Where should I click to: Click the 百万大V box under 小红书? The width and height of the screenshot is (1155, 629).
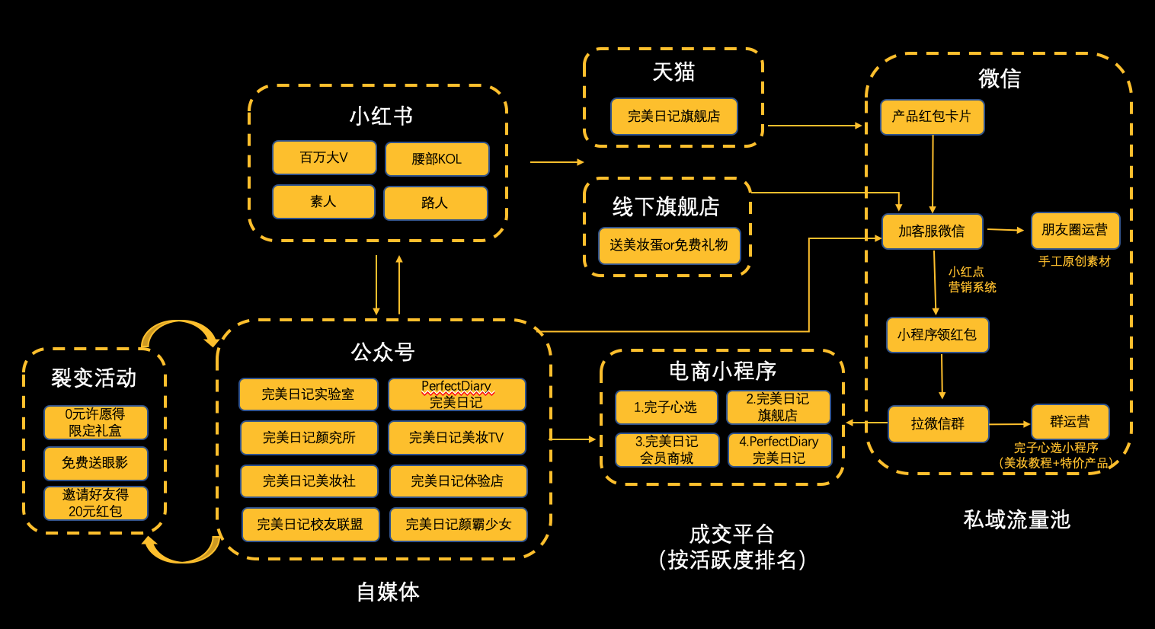click(325, 157)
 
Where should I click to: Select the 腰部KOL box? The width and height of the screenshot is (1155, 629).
click(437, 159)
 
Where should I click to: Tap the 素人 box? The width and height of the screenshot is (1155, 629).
click(323, 202)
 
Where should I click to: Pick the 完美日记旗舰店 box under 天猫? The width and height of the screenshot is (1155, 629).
click(674, 117)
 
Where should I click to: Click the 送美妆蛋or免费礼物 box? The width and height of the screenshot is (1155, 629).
click(669, 245)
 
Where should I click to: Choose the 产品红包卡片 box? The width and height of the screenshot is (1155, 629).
click(933, 117)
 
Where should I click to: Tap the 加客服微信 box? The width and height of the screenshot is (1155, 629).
click(933, 231)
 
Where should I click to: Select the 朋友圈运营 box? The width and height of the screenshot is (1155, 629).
click(1075, 230)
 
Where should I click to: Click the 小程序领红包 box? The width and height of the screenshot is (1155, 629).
click(937, 335)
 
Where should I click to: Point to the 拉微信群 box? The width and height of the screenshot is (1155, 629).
click(938, 424)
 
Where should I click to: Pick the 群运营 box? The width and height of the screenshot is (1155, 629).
click(1070, 422)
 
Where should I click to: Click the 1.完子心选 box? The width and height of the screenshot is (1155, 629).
click(666, 407)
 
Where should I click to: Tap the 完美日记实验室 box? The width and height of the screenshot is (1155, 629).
click(309, 394)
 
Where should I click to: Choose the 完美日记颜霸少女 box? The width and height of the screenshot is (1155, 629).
click(459, 525)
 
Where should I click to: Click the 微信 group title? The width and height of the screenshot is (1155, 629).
click(1000, 78)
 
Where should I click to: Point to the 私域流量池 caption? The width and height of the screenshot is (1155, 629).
click(1017, 519)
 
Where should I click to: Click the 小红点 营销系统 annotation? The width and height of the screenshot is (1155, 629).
click(972, 279)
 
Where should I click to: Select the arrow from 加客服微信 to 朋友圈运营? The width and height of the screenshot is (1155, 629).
click(1006, 230)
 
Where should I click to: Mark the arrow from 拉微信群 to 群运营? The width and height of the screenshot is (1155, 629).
click(1009, 424)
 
